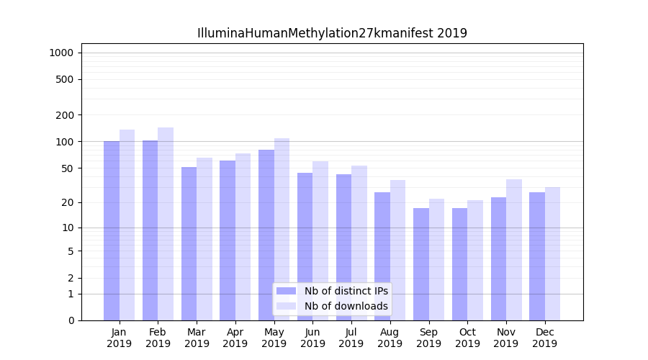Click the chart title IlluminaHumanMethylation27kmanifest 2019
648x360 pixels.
pyautogui.click(x=332, y=33)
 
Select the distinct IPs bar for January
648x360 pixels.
pyautogui.click(x=112, y=230)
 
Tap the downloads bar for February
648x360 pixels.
pyautogui.click(x=166, y=224)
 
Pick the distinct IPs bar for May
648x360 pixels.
pyautogui.click(x=266, y=235)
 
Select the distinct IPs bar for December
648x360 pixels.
pyautogui.click(x=537, y=256)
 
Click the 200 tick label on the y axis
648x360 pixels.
pyautogui.click(x=65, y=115)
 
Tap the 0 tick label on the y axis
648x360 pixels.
pyautogui.click(x=71, y=320)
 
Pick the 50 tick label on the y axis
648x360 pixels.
pyautogui.click(x=67, y=168)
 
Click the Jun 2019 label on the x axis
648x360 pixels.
pyautogui.click(x=312, y=338)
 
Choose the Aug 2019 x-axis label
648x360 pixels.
pyautogui.click(x=390, y=338)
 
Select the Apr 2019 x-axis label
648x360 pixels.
pyautogui.click(x=235, y=338)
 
